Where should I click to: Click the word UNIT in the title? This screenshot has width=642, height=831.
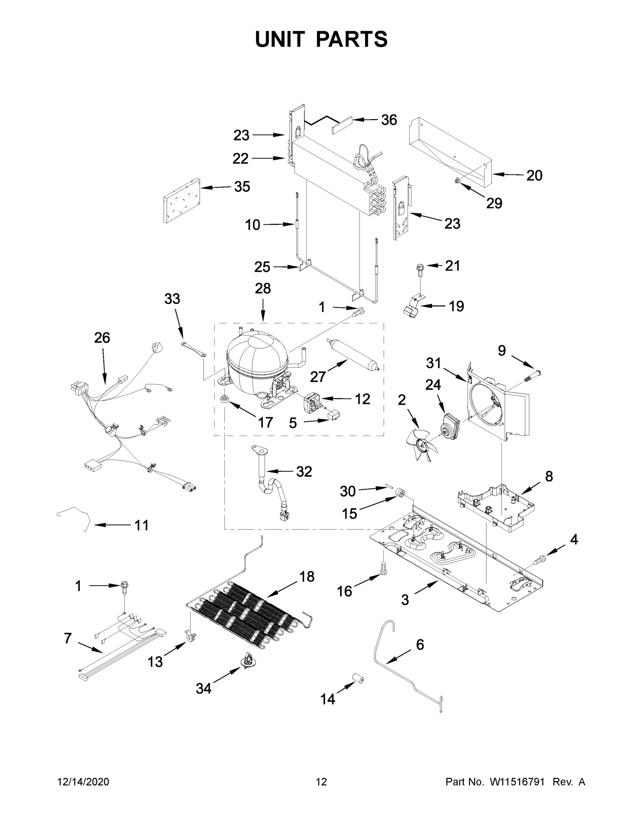[x=280, y=39]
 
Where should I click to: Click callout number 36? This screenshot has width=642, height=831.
[x=389, y=120]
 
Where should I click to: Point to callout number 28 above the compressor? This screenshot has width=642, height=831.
[x=263, y=288]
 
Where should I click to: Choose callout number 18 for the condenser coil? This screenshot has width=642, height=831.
[x=307, y=577]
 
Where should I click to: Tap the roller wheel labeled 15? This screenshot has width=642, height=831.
[x=400, y=493]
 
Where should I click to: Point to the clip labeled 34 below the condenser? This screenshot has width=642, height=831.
[x=248, y=662]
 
